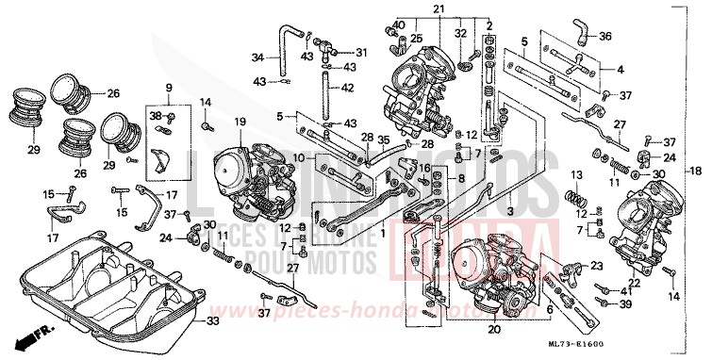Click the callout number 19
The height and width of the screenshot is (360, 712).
[240, 123]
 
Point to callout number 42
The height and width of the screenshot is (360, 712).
[347, 88]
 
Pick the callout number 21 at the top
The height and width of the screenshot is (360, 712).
[438, 8]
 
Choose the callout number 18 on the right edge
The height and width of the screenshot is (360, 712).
[697, 171]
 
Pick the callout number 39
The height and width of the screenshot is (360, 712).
[626, 305]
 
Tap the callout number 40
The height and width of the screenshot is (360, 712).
[400, 25]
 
